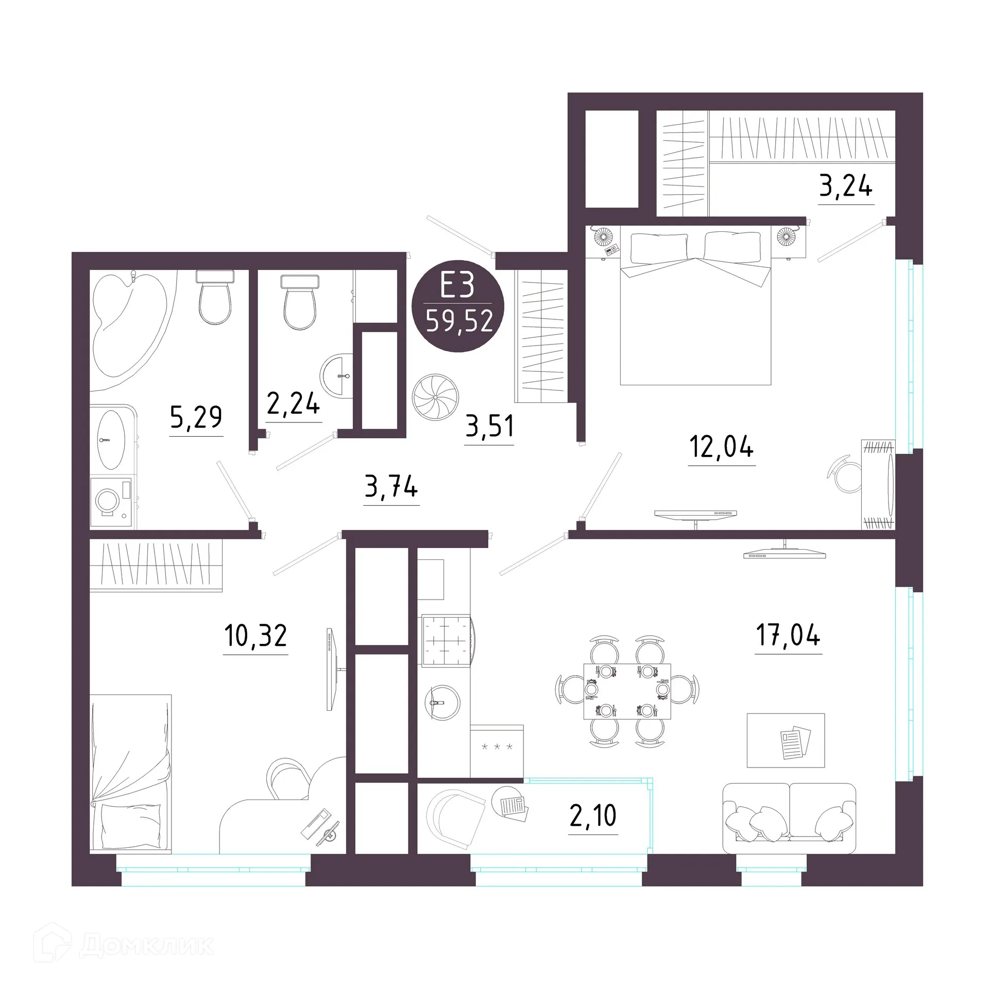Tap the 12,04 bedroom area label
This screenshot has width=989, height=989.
pos(721,447)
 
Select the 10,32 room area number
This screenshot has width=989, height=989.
pos(255,636)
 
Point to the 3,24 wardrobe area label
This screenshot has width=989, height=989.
pos(845,186)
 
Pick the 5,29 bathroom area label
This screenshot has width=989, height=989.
pos(196,417)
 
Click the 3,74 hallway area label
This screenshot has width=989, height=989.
pos(391,487)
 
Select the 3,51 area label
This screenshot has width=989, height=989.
pos(489,427)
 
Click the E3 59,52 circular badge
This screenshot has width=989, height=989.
pos(459,306)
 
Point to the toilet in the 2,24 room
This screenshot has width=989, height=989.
pos(299,304)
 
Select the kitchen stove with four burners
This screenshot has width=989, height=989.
pos(446,640)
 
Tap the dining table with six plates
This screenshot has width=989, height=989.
pos(627,691)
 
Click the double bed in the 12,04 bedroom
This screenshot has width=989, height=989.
pos(695,309)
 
